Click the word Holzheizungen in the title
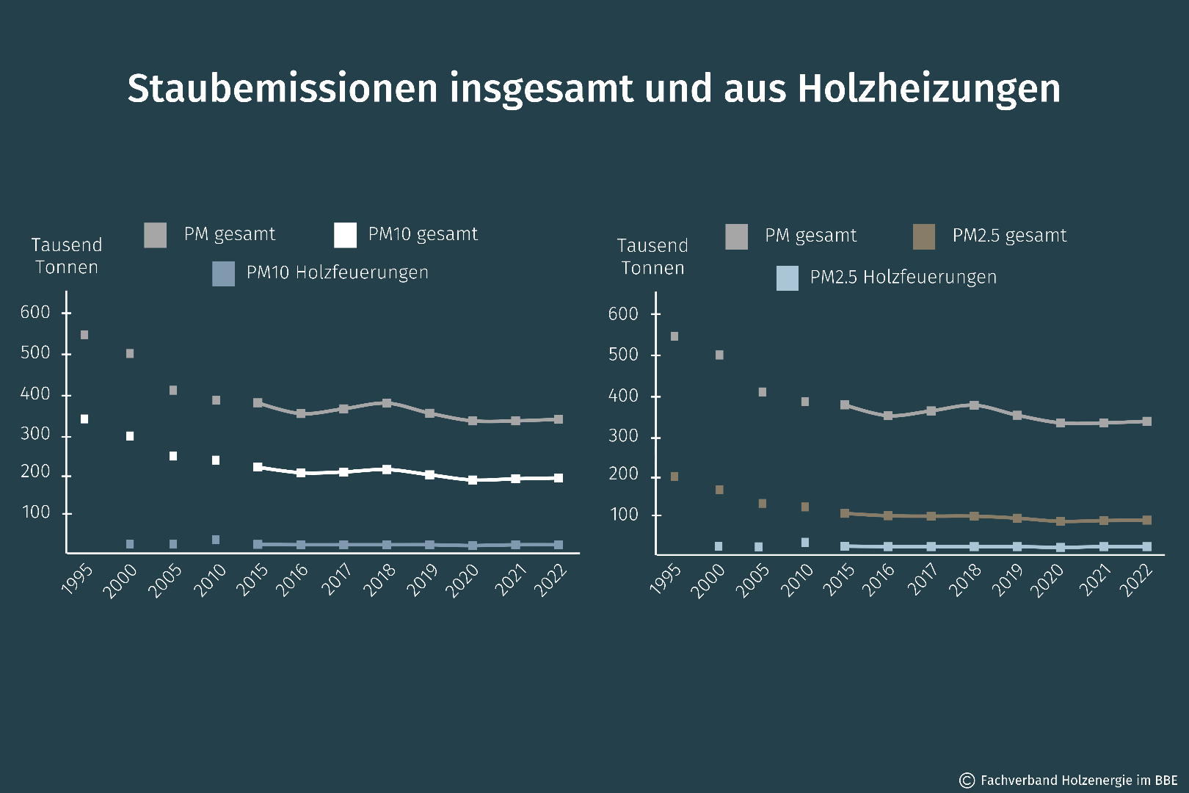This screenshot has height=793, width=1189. (x=928, y=89)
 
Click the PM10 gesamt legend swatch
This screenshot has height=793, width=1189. (x=345, y=235)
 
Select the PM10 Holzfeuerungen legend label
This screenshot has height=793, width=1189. (x=337, y=272)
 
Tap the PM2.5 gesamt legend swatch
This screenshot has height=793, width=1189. (x=924, y=236)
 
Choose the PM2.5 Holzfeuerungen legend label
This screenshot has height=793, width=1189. (x=903, y=277)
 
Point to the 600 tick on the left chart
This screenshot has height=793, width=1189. (x=35, y=312)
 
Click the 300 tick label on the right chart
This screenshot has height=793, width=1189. (x=623, y=436)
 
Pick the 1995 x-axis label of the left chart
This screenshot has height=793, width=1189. (x=77, y=579)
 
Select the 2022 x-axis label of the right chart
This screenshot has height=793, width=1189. (x=1136, y=580)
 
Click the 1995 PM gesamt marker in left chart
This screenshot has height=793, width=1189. (x=84, y=335)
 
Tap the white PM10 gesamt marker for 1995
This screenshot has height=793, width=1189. (x=84, y=419)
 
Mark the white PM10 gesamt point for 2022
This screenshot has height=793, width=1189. (x=559, y=478)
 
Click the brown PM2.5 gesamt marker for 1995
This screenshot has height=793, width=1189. (x=675, y=477)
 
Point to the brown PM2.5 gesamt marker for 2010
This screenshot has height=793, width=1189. (x=805, y=507)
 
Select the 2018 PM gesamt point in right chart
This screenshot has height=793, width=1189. (x=974, y=405)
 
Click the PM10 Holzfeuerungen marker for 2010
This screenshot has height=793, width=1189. (x=216, y=540)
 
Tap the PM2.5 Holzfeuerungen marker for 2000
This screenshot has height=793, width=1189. (x=719, y=546)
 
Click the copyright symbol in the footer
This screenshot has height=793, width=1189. (x=967, y=780)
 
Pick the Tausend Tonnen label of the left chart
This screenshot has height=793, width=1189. (x=66, y=256)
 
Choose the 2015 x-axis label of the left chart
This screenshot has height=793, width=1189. (x=252, y=579)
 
